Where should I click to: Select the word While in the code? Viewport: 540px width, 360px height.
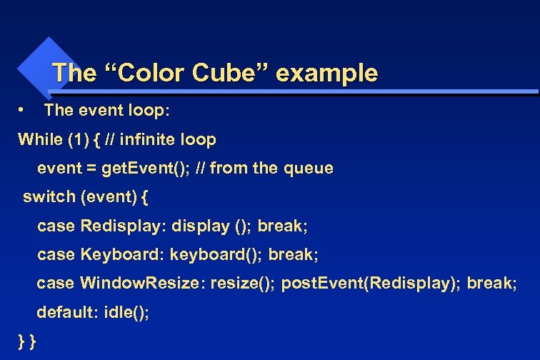point(40,139)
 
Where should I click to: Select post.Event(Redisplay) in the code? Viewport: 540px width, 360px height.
point(371,283)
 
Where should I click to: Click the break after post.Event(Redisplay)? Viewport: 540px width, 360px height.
point(491,283)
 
